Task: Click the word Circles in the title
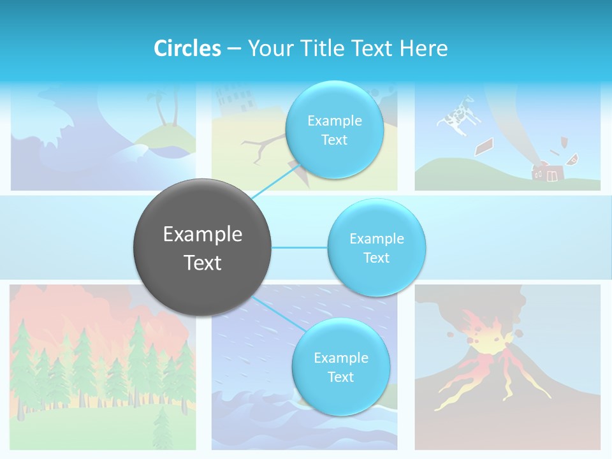tap(187, 48)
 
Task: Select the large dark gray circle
tap(202, 247)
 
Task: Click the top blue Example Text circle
tap(333, 130)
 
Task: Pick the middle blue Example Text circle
tap(376, 247)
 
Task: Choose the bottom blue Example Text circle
tap(340, 367)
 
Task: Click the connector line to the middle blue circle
tap(300, 247)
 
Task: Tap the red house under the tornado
tap(546, 172)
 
